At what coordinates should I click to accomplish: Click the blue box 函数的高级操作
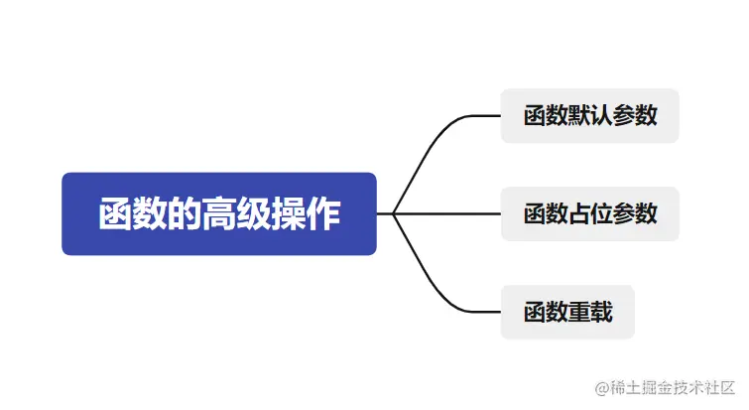[218, 213]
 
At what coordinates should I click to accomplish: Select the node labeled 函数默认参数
[589, 115]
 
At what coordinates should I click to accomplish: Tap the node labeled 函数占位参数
[589, 213]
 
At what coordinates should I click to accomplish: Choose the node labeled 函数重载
[566, 312]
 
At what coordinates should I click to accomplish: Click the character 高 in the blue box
[219, 214]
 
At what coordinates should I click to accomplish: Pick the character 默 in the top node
[579, 116]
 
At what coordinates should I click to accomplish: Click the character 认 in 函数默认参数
[601, 116]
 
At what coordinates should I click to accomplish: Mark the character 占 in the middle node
[579, 213]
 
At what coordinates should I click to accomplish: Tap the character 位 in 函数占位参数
[601, 213]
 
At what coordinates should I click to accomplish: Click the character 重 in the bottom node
[579, 313]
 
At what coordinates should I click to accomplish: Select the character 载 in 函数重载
[601, 313]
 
